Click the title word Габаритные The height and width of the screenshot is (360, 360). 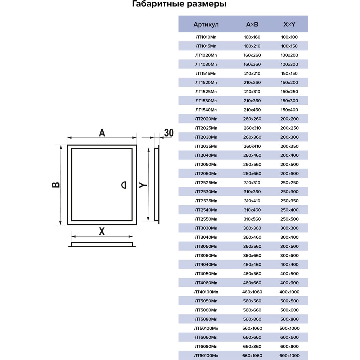(x=158, y=4)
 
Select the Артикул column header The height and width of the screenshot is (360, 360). (x=206, y=24)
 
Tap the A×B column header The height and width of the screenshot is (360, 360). (x=252, y=24)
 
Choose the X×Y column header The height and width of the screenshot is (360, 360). (x=289, y=24)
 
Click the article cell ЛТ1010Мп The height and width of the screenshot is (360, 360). (x=206, y=37)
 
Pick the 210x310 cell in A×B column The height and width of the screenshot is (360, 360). (x=252, y=91)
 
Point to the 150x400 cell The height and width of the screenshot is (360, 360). (x=289, y=110)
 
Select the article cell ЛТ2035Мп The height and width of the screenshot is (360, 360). (x=206, y=146)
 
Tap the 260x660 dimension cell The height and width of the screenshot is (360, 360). (x=252, y=174)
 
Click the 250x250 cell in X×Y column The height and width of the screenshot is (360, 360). (x=289, y=183)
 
